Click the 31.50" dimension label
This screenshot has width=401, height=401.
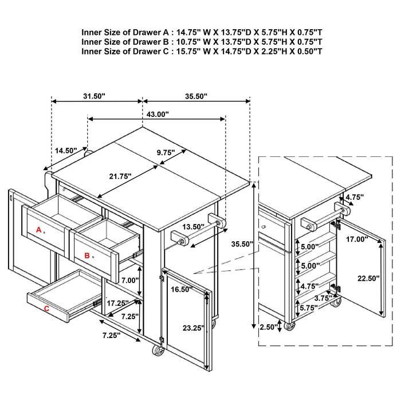(x=93, y=97)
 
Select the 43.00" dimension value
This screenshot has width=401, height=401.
(x=158, y=114)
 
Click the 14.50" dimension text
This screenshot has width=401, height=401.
(x=66, y=151)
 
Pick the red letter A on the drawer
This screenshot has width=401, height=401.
(x=38, y=229)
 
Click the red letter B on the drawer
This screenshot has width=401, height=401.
(x=87, y=256)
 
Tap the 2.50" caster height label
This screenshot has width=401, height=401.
(x=269, y=327)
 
